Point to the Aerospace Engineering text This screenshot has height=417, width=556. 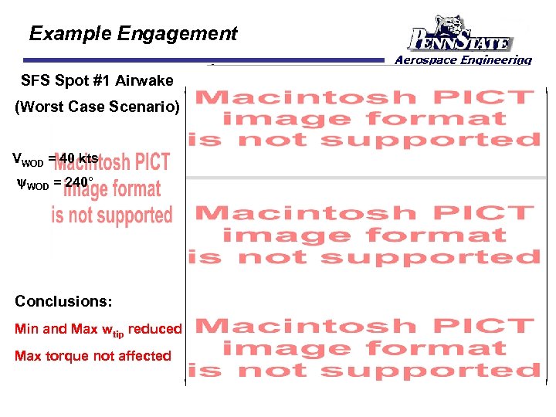pyautogui.click(x=463, y=60)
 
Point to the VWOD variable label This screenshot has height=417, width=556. pyautogui.click(x=28, y=159)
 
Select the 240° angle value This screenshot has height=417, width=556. pyautogui.click(x=79, y=183)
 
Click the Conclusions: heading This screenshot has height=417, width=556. pyautogui.click(x=63, y=300)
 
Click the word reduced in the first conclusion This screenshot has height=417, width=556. pyautogui.click(x=154, y=329)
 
